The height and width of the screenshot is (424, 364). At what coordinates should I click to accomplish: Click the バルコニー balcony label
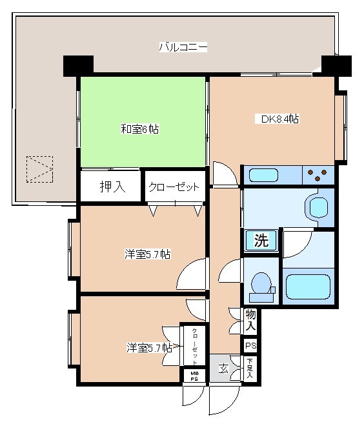point(183,47)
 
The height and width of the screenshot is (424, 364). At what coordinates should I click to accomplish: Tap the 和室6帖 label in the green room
point(139,129)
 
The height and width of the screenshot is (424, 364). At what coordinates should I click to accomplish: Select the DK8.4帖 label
point(279,119)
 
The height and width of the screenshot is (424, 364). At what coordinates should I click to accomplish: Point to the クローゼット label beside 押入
point(174,187)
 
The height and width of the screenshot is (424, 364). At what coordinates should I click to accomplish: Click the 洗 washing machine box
point(261,241)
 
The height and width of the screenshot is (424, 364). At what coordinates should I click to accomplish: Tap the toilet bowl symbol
point(261,283)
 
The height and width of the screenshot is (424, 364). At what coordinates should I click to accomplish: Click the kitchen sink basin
point(263,175)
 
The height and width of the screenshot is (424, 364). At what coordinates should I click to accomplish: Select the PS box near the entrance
point(250,346)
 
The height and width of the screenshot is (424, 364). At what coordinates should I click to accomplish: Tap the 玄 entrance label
point(223,369)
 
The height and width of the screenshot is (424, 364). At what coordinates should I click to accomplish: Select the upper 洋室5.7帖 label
point(147,254)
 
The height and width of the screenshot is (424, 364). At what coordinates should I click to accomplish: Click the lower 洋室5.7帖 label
point(148,348)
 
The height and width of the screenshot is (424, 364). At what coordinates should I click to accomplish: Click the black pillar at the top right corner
point(336,65)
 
